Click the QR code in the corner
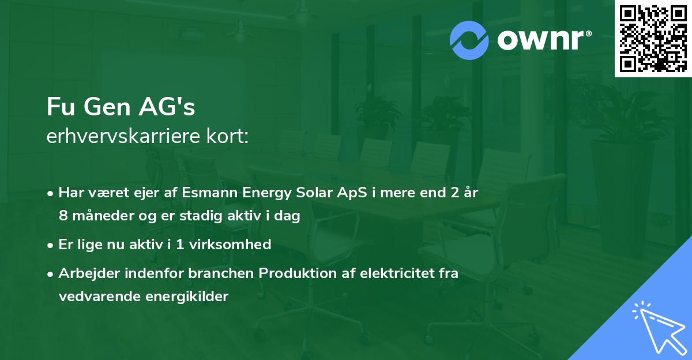click(652, 39)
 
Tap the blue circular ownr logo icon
click(469, 40)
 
